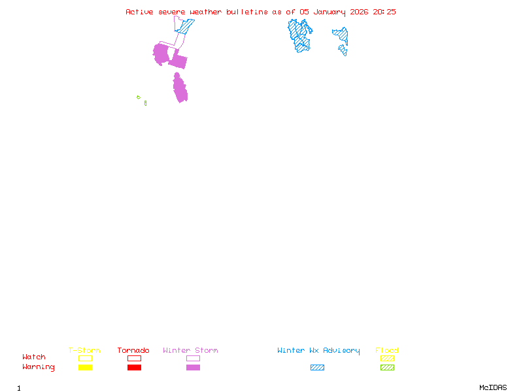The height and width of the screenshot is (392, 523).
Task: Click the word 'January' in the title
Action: [x=329, y=12]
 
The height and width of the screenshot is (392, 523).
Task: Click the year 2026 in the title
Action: [x=359, y=12]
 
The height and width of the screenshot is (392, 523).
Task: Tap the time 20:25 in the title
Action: [x=384, y=12]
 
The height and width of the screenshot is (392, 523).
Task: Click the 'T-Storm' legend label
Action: [x=84, y=350]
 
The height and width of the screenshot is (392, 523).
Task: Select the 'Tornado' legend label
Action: [x=133, y=350]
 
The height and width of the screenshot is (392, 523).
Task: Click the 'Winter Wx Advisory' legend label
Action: [x=318, y=350]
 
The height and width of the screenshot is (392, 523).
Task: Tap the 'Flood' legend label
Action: [x=387, y=350]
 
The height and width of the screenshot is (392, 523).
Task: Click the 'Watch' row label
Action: [x=34, y=357]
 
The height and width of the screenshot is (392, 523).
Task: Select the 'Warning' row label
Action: [x=39, y=367]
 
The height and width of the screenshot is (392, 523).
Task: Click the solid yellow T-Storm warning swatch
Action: [x=85, y=368]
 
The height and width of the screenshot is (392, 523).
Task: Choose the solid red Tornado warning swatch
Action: [x=134, y=368]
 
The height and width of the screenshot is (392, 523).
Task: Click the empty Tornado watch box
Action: [x=134, y=358]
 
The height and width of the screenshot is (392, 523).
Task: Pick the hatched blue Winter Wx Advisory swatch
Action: [x=317, y=368]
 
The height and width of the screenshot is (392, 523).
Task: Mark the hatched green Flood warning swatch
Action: [x=387, y=368]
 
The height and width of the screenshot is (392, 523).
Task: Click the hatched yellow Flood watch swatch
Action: [x=387, y=358]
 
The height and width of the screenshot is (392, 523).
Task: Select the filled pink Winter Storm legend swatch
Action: [x=193, y=368]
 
